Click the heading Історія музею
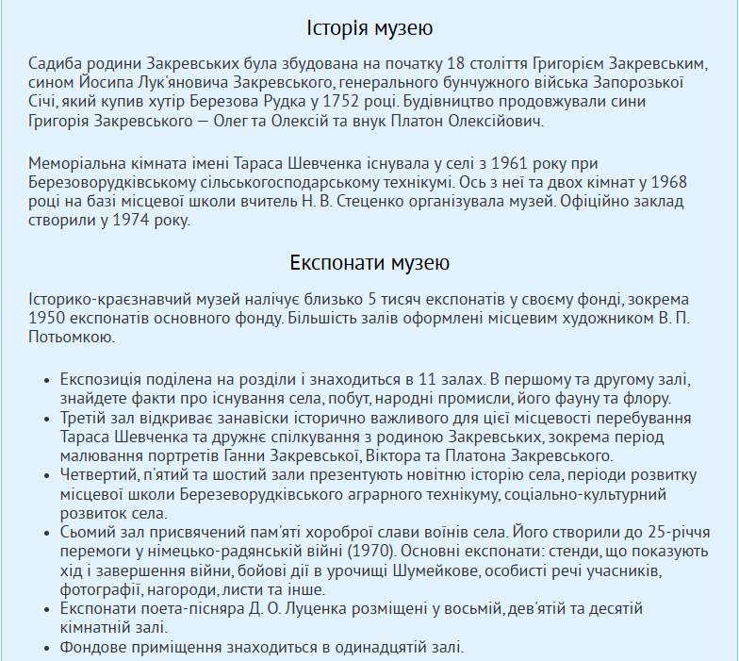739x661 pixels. point(369,28)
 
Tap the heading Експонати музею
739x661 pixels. point(369,262)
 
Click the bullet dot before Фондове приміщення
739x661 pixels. point(47,647)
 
